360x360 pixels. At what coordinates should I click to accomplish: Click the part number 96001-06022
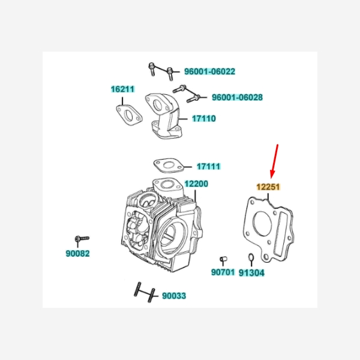(x=209, y=71)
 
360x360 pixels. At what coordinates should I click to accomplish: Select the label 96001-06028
(x=237, y=97)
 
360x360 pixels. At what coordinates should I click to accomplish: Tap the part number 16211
(x=122, y=89)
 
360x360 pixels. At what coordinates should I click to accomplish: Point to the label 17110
(x=204, y=118)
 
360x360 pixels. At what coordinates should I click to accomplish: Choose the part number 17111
(x=208, y=166)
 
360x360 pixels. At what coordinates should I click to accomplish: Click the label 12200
(x=196, y=184)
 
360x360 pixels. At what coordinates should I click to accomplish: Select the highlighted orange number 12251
(x=268, y=187)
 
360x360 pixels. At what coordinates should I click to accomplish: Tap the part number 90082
(x=77, y=253)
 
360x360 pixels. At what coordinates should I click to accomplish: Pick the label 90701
(x=223, y=272)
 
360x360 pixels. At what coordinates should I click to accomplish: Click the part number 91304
(x=251, y=273)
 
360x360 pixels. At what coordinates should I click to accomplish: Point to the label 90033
(x=174, y=296)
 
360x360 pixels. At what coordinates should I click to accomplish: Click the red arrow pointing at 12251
(x=274, y=161)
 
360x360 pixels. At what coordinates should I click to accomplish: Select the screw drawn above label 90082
(x=82, y=239)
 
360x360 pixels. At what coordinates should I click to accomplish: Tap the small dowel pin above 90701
(x=223, y=259)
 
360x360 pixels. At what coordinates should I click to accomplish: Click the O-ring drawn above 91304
(x=251, y=257)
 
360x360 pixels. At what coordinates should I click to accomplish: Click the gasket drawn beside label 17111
(x=169, y=166)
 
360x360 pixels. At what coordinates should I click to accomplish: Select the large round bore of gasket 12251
(x=262, y=223)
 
